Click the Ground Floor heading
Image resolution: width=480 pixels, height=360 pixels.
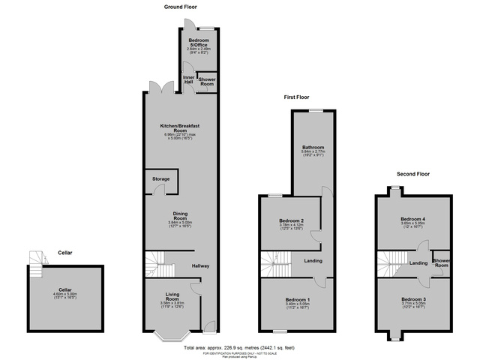point(180,6)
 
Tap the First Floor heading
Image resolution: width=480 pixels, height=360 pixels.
point(296,97)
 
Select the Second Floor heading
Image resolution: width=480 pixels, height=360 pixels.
point(413,173)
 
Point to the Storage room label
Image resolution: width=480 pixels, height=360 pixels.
point(160,179)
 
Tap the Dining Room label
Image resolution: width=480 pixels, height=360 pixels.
point(179,215)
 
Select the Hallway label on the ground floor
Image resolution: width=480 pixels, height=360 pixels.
point(200,266)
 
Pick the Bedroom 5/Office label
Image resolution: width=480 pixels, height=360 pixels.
point(199,41)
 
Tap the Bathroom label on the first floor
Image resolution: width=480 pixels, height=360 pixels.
point(311,146)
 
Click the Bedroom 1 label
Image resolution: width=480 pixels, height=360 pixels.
point(297,299)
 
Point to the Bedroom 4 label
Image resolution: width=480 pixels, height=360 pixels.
point(413,220)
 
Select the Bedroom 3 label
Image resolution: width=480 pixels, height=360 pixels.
point(413,299)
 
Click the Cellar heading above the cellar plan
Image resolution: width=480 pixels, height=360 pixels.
point(65,253)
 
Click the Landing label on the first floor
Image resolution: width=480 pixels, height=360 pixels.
point(313,261)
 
